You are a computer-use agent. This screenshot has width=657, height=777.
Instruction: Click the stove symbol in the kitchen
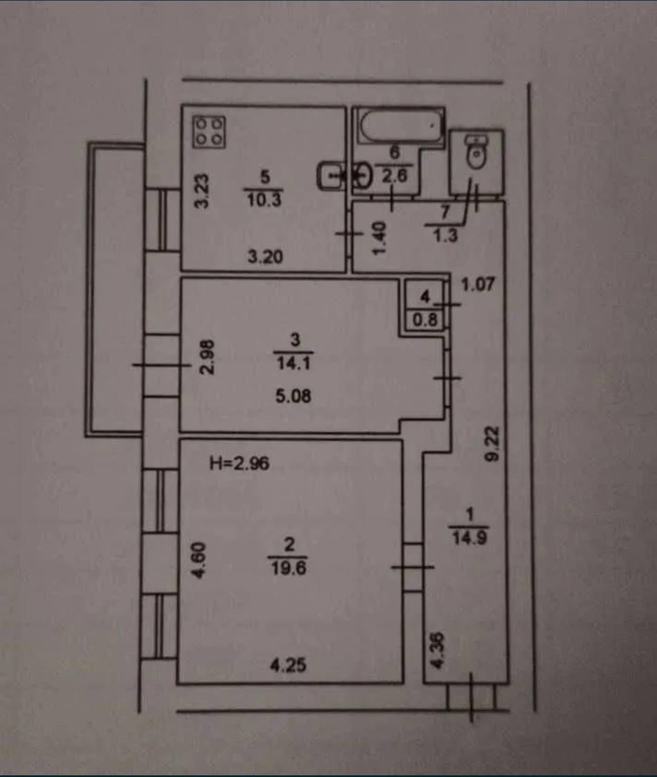pyautogui.click(x=209, y=132)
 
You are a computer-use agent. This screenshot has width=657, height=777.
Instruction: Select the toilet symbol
pyautogui.click(x=477, y=152)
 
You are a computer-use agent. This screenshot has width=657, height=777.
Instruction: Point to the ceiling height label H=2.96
pyautogui.click(x=239, y=464)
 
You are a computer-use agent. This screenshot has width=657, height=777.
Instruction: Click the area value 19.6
pyautogui.click(x=289, y=568)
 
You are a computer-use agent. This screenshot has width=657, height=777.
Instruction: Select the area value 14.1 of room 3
pyautogui.click(x=294, y=363)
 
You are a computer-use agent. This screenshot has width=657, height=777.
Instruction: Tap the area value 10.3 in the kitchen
pyautogui.click(x=264, y=198)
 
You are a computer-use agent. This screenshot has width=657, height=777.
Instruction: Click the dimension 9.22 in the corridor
pyautogui.click(x=492, y=444)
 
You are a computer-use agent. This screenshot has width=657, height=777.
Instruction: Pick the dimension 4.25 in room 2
pyautogui.click(x=288, y=665)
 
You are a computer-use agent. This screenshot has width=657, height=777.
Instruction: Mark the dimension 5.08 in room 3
pyautogui.click(x=293, y=396)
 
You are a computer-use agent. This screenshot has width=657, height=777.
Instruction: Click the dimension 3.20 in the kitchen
pyautogui.click(x=265, y=257)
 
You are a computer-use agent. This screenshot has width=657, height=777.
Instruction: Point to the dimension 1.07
pyautogui.click(x=478, y=284)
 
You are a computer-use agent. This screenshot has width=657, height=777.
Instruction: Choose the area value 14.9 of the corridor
pyautogui.click(x=470, y=537)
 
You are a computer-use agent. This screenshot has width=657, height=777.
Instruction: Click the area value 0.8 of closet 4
pyautogui.click(x=425, y=319)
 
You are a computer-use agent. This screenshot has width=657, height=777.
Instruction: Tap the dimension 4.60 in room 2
pyautogui.click(x=200, y=560)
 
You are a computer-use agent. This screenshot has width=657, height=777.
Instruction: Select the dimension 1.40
pyautogui.click(x=379, y=238)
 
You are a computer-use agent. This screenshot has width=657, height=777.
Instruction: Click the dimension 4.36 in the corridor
pyautogui.click(x=437, y=651)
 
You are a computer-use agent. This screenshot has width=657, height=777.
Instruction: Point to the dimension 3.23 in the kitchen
pyautogui.click(x=202, y=191)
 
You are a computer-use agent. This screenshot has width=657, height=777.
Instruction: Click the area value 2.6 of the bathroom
pyautogui.click(x=395, y=175)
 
